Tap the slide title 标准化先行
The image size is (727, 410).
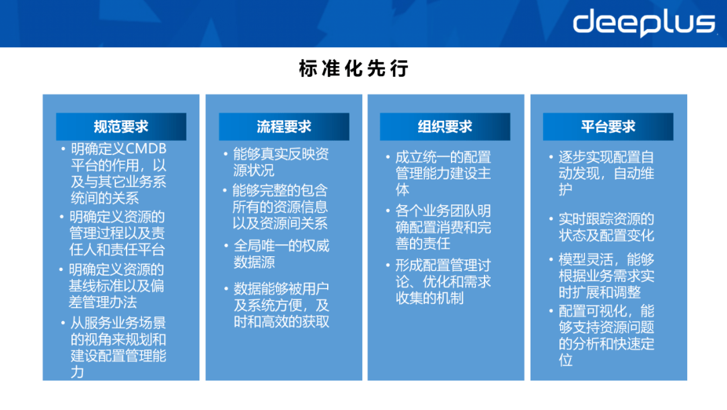(x=354, y=69)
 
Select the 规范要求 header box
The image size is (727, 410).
(x=121, y=127)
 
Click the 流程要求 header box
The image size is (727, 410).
(x=284, y=127)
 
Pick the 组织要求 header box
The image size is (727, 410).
(x=445, y=127)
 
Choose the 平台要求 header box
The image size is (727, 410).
(x=609, y=127)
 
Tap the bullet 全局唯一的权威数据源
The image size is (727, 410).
(x=281, y=254)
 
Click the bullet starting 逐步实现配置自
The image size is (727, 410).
(x=606, y=173)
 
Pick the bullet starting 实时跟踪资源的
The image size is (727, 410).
(x=606, y=227)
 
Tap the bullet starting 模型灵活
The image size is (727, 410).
(x=606, y=276)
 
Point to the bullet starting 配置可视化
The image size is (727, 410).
(x=606, y=335)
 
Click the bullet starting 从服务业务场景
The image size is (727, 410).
(x=118, y=347)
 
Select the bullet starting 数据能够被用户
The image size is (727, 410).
(x=281, y=305)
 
